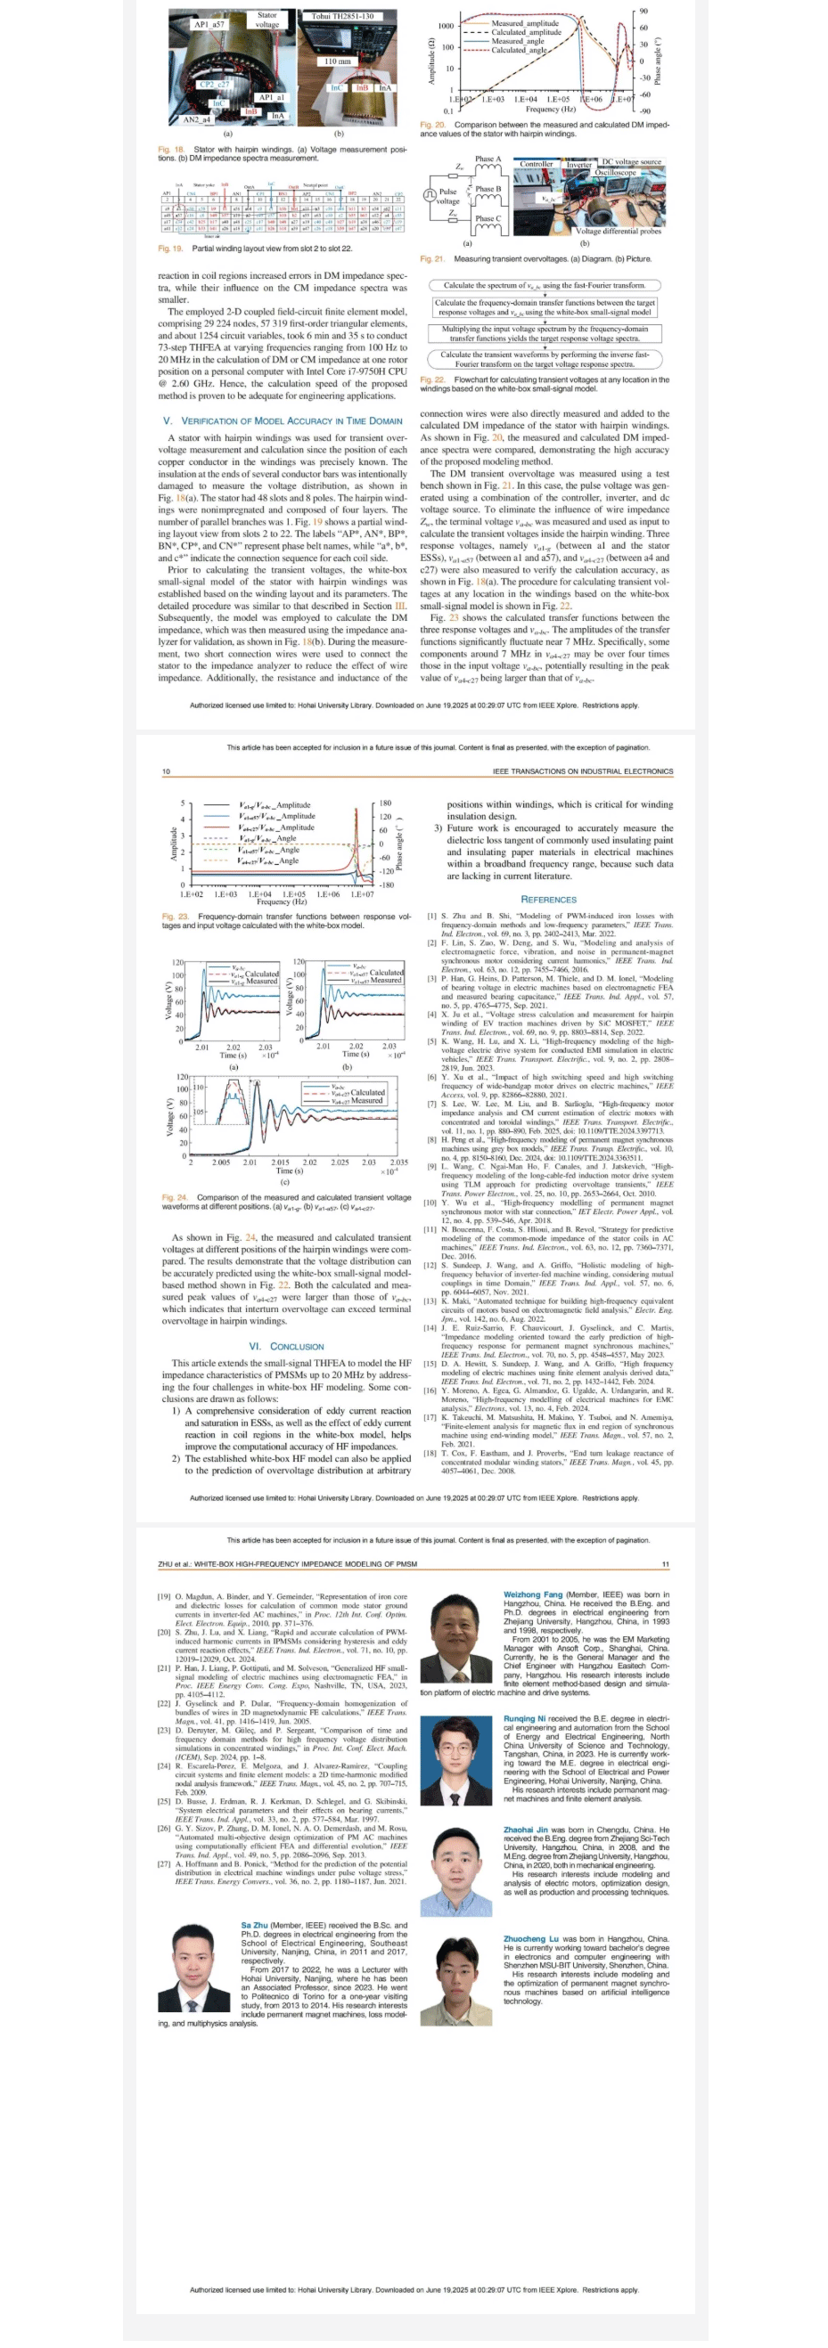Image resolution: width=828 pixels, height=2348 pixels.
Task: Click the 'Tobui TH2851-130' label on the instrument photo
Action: (342, 16)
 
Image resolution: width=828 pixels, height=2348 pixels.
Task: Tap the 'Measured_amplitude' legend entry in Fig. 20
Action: (524, 24)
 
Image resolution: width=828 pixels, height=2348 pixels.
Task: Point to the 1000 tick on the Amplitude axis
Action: (446, 26)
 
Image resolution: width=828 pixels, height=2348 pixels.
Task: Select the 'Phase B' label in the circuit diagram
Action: (488, 189)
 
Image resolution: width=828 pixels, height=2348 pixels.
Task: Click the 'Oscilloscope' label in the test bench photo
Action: (617, 171)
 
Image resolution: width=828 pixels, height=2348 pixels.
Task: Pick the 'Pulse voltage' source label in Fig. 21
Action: (447, 196)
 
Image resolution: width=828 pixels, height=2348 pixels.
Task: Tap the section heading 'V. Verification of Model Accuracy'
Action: (283, 420)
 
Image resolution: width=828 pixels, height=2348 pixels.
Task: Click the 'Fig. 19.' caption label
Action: (170, 248)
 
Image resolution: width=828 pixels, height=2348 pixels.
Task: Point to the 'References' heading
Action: (548, 899)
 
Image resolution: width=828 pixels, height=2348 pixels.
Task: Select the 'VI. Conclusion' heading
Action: (285, 1345)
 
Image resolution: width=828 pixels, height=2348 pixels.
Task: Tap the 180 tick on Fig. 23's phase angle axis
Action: (385, 803)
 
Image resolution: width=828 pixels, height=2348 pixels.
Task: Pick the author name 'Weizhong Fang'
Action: (533, 1594)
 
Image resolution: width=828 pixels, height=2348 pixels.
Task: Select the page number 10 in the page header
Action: (166, 771)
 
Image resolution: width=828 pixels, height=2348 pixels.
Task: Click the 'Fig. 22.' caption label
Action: (432, 379)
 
